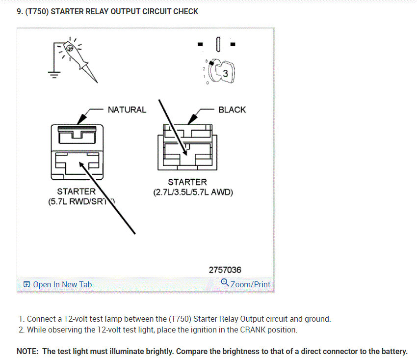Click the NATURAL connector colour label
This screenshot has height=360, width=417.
click(x=127, y=110)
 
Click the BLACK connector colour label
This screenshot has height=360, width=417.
click(x=232, y=110)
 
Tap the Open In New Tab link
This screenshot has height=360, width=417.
click(x=62, y=284)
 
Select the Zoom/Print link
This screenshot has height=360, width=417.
click(x=250, y=284)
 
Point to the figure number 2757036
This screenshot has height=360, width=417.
click(x=225, y=270)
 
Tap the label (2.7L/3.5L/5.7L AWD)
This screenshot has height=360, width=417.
click(x=193, y=192)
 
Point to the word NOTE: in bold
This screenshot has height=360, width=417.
click(x=28, y=351)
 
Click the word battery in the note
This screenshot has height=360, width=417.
click(x=392, y=351)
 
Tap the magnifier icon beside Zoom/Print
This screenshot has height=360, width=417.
click(x=225, y=283)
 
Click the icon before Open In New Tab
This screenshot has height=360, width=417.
click(x=26, y=284)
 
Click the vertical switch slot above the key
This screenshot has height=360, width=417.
click(x=218, y=45)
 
